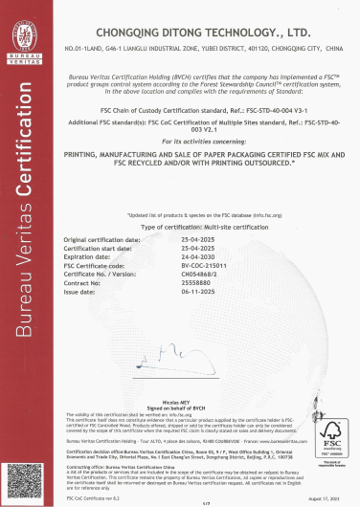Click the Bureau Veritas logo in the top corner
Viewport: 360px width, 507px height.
[x=26, y=36]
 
